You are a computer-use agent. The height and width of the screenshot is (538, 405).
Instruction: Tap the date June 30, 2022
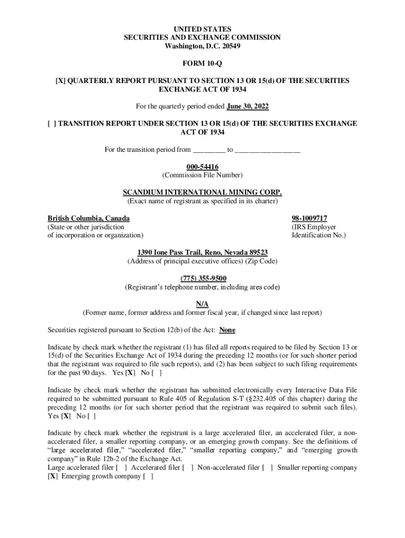pos(247,107)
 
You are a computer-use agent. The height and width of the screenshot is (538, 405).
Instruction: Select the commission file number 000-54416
pos(202,167)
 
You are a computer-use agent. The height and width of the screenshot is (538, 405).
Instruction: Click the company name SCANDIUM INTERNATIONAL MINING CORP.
pos(202,192)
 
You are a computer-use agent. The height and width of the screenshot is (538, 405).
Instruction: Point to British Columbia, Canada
pos(88,218)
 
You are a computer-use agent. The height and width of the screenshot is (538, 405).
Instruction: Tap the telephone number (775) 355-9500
pos(202,278)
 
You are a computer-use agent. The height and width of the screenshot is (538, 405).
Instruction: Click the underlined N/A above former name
pos(202,304)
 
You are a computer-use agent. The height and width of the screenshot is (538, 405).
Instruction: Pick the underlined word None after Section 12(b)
pos(227,330)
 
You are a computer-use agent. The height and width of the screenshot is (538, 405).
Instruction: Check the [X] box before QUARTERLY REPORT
pos(60,81)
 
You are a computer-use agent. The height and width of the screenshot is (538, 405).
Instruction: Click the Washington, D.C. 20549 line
pos(202,46)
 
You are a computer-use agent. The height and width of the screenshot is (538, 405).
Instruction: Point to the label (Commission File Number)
pos(202,175)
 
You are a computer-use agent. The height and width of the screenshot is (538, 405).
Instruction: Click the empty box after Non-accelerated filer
pos(267,468)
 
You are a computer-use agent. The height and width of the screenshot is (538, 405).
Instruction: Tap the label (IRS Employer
pos(313,227)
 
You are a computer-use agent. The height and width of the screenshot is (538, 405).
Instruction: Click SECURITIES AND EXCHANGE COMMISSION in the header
pos(202,37)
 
